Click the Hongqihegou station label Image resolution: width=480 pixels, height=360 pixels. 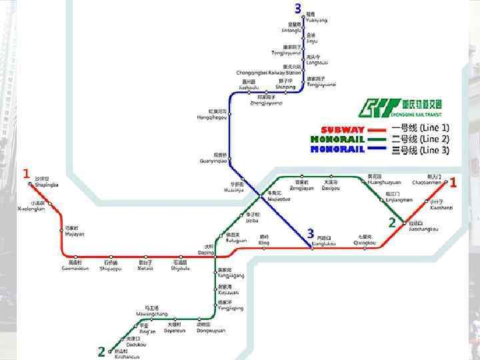[x=212, y=117]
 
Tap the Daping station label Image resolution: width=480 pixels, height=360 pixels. [x=206, y=253]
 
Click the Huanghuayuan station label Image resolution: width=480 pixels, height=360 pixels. [x=385, y=181]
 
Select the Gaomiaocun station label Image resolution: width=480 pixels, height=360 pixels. [x=79, y=268]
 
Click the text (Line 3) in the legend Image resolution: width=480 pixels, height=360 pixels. [x=435, y=150]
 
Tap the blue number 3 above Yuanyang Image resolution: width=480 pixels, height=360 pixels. [x=298, y=8]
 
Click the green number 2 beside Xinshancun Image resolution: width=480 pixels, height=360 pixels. [x=101, y=351]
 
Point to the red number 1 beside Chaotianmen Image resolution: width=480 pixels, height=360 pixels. [x=453, y=182]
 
